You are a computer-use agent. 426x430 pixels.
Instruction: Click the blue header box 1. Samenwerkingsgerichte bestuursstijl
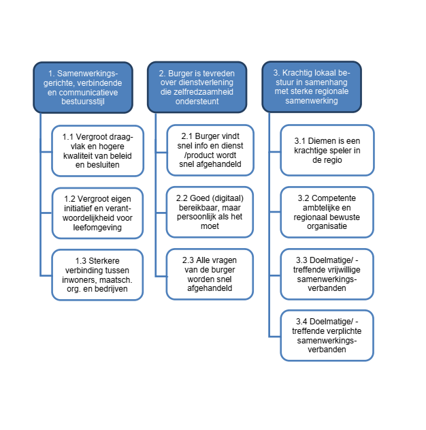(83, 87)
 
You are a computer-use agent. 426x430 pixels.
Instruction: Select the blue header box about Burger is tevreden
(197, 87)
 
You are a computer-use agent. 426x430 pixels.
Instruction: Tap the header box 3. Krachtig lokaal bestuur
(312, 87)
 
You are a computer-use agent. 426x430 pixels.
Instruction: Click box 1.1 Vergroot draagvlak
(98, 151)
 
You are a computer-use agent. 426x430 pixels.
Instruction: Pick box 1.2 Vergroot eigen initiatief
(97, 213)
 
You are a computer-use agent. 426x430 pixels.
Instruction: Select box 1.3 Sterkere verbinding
(97, 275)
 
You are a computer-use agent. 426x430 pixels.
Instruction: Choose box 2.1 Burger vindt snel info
(210, 151)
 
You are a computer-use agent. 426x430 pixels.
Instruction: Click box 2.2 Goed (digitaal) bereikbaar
(210, 212)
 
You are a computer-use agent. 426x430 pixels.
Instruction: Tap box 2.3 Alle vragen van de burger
(210, 274)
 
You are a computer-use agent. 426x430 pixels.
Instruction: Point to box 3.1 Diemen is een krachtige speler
(327, 151)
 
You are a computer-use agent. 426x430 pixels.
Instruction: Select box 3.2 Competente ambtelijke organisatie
(327, 212)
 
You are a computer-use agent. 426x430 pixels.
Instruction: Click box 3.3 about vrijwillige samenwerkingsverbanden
(327, 274)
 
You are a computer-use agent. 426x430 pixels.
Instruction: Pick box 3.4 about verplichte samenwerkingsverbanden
(327, 335)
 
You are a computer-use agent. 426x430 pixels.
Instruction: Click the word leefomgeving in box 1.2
(97, 228)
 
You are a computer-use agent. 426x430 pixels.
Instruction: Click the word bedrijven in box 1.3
(111, 289)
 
